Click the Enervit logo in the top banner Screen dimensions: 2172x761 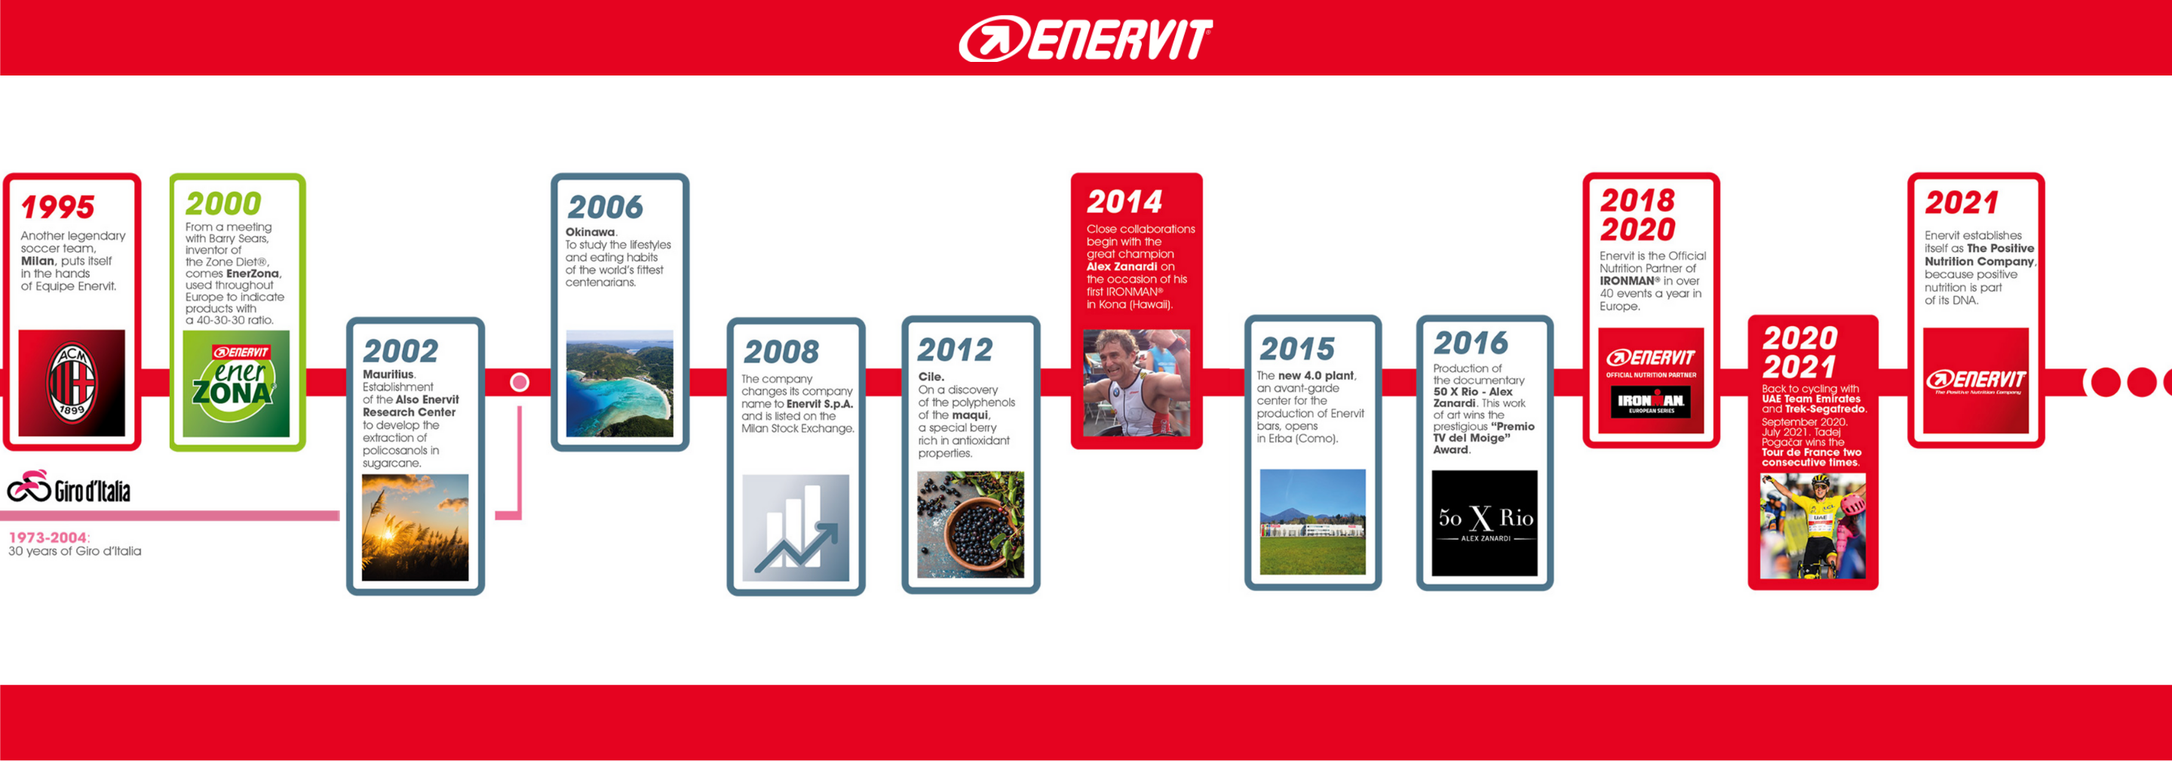pyautogui.click(x=1085, y=39)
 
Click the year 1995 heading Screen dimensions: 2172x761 pyautogui.click(x=57, y=207)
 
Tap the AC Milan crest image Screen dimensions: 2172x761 pyautogui.click(x=72, y=383)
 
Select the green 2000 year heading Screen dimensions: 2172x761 pyautogui.click(x=223, y=203)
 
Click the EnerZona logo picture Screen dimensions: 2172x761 pyautogui.click(x=236, y=384)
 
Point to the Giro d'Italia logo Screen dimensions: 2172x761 pyautogui.click(x=69, y=487)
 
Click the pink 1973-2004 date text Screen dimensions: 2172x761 pyautogui.click(x=48, y=538)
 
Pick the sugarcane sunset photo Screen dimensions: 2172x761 pyautogui.click(x=415, y=527)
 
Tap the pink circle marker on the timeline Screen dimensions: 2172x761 pyautogui.click(x=520, y=382)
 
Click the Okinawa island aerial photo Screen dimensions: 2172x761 pyautogui.click(x=620, y=383)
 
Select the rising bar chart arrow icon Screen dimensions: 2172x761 pyautogui.click(x=796, y=528)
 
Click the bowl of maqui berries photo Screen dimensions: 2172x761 pyautogui.click(x=971, y=525)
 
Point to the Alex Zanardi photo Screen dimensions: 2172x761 pyautogui.click(x=1137, y=383)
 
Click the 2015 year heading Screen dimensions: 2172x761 pyautogui.click(x=1298, y=349)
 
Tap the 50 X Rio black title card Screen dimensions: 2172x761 pyautogui.click(x=1485, y=523)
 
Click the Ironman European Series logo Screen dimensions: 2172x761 pyautogui.click(x=1651, y=402)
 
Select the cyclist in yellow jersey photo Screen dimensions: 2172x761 pyautogui.click(x=1813, y=525)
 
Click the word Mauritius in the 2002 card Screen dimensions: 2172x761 pyautogui.click(x=388, y=374)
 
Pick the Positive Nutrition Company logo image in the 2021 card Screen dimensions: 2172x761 pyautogui.click(x=1976, y=381)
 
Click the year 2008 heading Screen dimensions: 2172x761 pyautogui.click(x=781, y=351)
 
